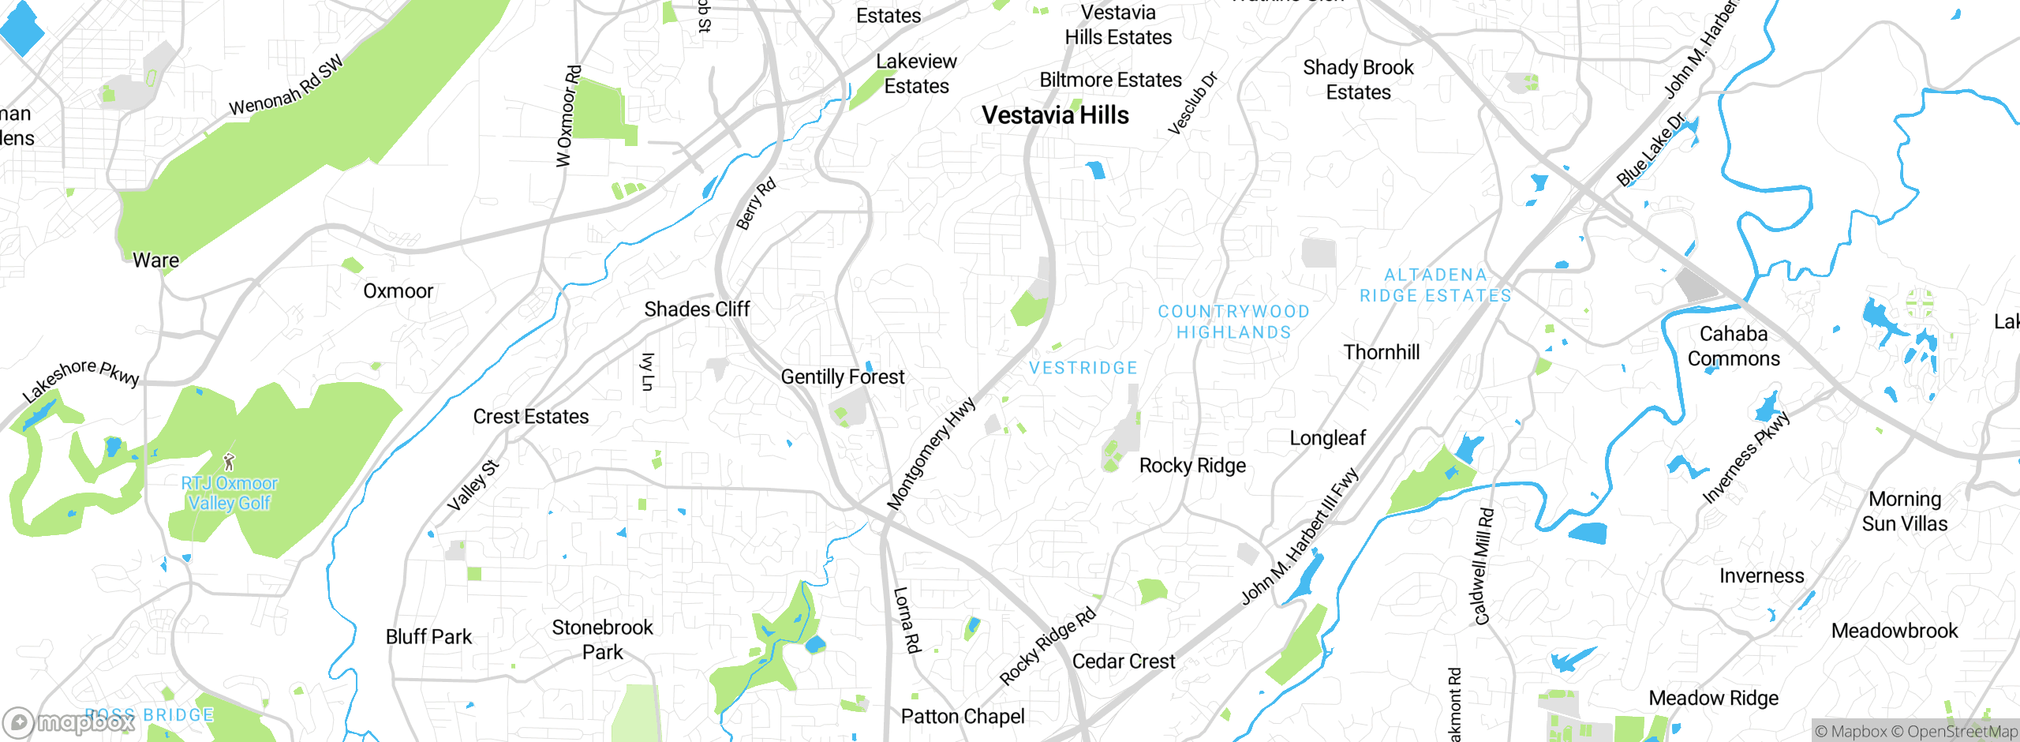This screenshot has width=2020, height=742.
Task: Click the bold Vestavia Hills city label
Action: coord(1055,115)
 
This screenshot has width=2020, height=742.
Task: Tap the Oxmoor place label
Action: coord(398,291)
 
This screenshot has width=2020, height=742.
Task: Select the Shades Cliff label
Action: coord(697,309)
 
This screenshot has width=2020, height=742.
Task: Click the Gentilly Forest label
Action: coord(843,377)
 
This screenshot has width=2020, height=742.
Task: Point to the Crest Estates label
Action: coord(531,417)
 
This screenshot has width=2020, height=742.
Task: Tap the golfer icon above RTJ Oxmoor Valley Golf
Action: coord(229,462)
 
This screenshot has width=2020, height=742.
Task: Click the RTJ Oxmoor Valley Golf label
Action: coord(230,493)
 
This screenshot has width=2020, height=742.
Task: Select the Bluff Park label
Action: coord(428,637)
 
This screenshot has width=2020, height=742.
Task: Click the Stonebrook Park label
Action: coord(602,640)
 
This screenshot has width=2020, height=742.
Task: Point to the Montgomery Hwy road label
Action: coord(931,454)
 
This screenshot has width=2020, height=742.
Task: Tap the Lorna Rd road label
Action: coord(907,620)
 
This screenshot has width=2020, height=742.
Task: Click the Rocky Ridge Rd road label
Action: coord(1048,645)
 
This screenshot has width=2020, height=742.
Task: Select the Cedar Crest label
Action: coord(1124,661)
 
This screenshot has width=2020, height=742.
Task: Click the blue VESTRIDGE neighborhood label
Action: coord(1083,368)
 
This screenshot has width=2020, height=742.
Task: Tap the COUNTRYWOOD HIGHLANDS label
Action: coord(1234,322)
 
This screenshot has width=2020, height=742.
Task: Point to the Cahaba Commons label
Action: coord(1734,347)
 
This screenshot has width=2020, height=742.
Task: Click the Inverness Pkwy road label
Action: coord(1746,457)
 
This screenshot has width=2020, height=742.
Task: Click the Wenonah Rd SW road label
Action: coord(286,85)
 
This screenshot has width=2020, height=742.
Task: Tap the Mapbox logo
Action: coord(69,721)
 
